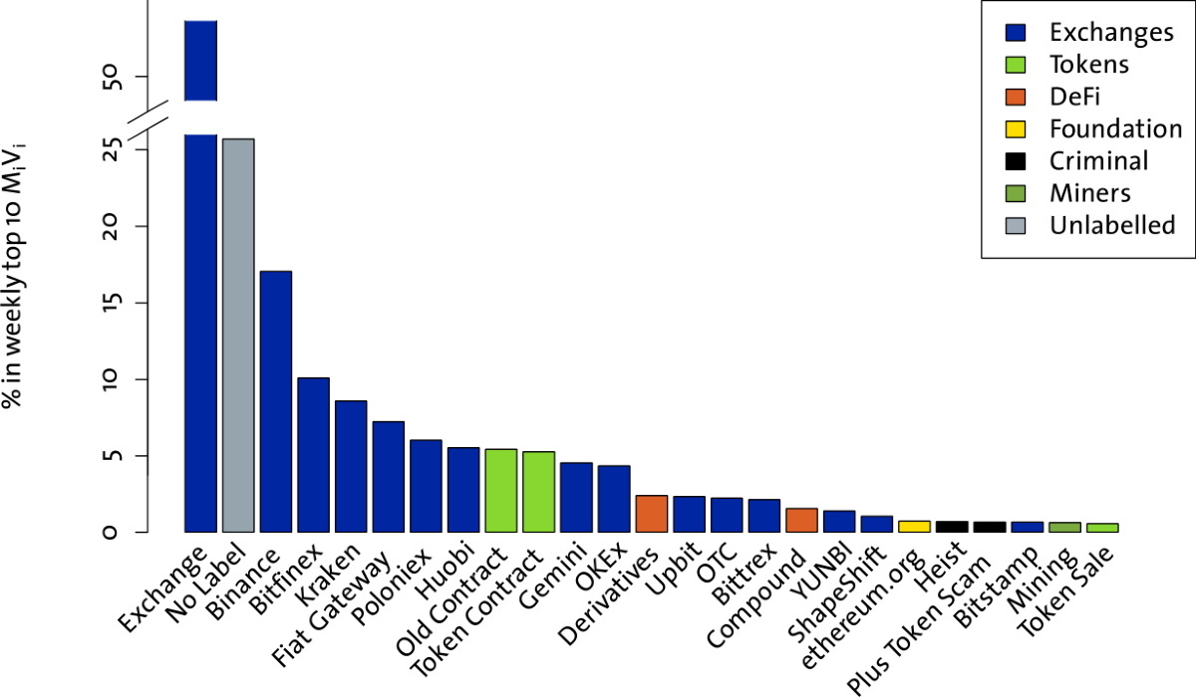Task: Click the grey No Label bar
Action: [237, 335]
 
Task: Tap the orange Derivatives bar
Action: [651, 513]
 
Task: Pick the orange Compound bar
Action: [801, 520]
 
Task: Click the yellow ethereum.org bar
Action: [914, 526]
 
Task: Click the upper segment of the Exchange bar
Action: [199, 61]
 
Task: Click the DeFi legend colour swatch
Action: [1017, 97]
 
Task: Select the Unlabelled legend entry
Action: [1111, 226]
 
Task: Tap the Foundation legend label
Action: [1114, 129]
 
